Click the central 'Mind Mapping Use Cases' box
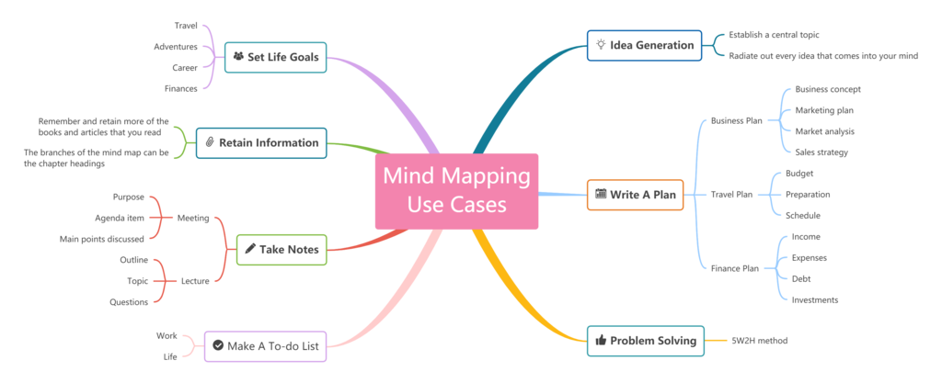pos(456,191)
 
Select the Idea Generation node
pos(644,45)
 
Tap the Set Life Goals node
pos(276,57)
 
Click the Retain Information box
pos(261,142)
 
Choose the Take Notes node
pos(281,249)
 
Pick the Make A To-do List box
pos(264,346)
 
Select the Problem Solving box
pos(646,341)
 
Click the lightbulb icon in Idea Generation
pos(601,44)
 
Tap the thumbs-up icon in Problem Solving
pos(601,341)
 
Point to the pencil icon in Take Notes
pos(249,249)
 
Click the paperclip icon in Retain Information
pos(210,142)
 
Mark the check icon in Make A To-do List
pos(217,346)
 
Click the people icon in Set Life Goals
pos(238,57)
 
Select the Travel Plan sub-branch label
pos(731,195)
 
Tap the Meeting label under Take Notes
pos(193,219)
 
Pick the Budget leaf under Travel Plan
pos(799,173)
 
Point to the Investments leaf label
pos(814,299)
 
